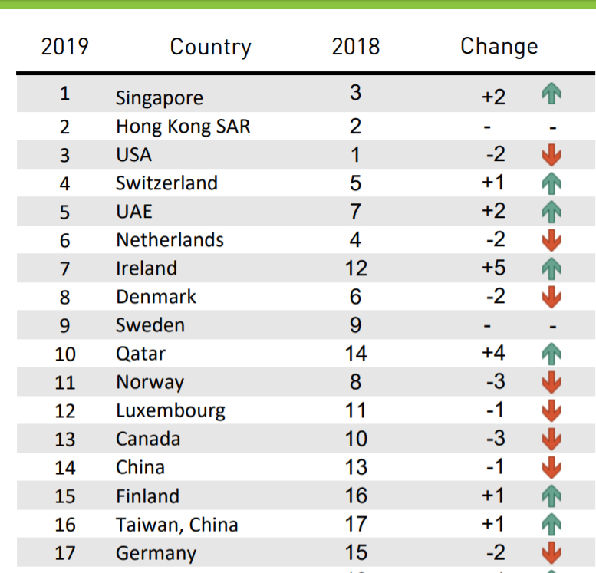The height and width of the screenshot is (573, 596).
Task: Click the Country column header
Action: (210, 47)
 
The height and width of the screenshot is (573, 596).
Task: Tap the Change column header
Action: (499, 46)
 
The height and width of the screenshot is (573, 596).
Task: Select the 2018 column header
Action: (355, 46)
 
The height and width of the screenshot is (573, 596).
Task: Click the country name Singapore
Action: (160, 98)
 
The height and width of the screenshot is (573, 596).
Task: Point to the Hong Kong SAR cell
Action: (183, 127)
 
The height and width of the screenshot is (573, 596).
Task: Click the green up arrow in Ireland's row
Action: (551, 268)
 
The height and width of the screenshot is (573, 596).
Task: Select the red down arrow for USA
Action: (551, 156)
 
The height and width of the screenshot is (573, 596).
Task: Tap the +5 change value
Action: (493, 268)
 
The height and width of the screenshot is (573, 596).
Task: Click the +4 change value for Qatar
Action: (493, 353)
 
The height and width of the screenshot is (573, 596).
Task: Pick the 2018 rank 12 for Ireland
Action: (355, 268)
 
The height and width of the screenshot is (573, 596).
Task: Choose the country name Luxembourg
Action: (170, 410)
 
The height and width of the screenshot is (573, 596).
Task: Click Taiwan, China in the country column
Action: (176, 525)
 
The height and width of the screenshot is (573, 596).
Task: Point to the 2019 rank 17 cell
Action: (65, 553)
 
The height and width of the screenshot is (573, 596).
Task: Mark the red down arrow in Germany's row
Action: (551, 553)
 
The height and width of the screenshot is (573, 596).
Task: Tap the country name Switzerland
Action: (166, 183)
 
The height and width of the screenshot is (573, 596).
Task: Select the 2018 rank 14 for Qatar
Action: (355, 353)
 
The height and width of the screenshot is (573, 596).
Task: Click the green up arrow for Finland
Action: (551, 496)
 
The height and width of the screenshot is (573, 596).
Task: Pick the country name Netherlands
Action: (170, 240)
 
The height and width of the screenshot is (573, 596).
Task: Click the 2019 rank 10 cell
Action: (65, 354)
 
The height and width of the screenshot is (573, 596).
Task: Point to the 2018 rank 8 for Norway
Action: (355, 381)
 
